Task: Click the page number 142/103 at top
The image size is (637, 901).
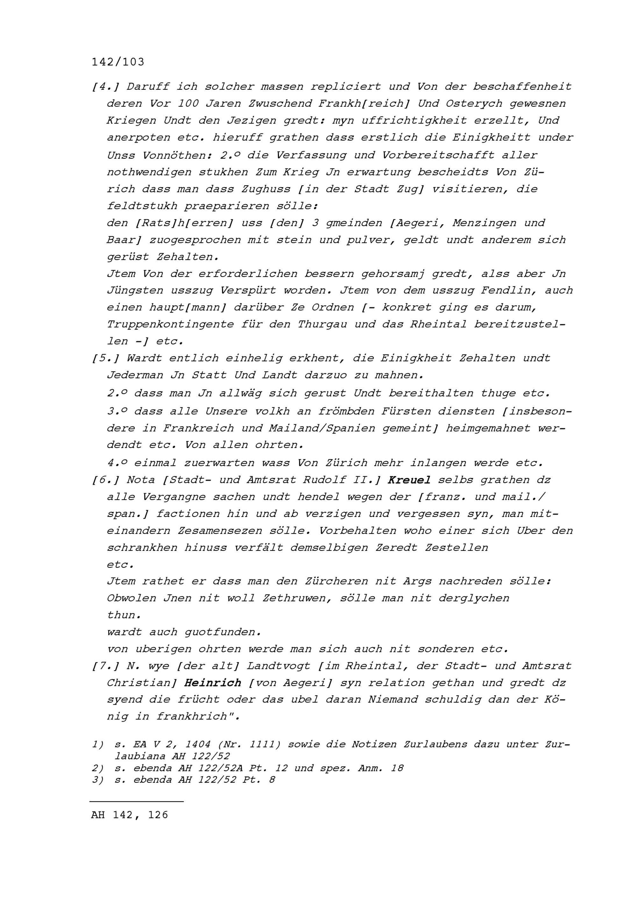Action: coord(118,62)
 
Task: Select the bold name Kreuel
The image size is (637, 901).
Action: coord(409,480)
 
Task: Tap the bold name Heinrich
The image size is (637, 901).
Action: coord(213,683)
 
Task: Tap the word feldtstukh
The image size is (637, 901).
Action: coord(142,206)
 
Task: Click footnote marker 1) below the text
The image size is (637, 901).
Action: coord(98,744)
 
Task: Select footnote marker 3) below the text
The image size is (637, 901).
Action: coord(98,779)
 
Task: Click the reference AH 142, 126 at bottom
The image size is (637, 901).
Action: coord(130,815)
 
